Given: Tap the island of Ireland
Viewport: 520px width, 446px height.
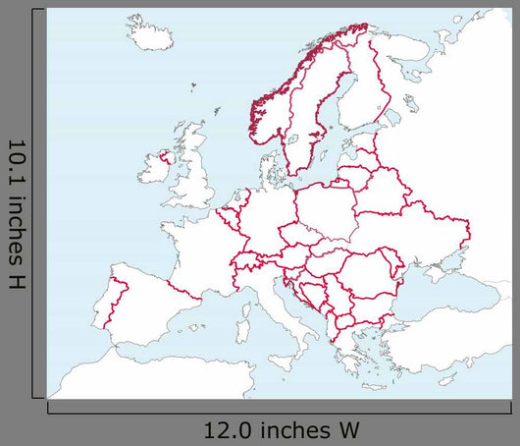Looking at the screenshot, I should coord(155,168).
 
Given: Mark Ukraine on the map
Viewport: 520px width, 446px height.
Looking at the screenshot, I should coord(412,231).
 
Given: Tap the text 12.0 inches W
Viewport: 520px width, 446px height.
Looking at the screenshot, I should coord(282,429).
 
